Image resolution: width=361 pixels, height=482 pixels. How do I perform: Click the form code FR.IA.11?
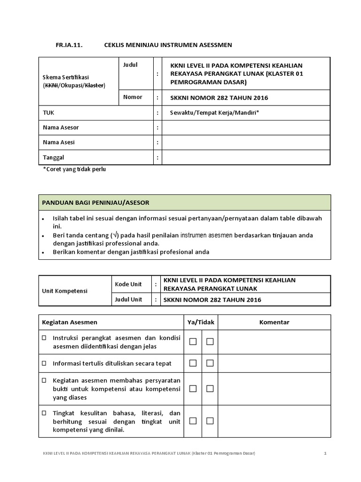69,45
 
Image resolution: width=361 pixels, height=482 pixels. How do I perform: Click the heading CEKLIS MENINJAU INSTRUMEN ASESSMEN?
168,45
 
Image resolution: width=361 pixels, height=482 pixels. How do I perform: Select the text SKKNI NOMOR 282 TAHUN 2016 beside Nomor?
216,98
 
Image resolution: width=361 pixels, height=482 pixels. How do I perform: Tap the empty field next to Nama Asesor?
246,128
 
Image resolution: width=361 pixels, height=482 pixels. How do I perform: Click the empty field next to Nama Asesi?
246,142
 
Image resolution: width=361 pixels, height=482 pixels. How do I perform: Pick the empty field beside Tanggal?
246,158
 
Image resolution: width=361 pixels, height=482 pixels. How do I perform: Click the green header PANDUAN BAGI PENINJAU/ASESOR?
96,202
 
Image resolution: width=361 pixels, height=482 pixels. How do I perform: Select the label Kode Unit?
128,284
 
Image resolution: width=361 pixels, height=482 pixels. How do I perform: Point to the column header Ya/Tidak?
201,322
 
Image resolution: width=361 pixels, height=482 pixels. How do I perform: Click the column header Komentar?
274,322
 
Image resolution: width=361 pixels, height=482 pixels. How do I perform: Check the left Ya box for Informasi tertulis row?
193,363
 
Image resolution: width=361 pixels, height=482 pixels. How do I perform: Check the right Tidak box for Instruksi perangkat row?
210,342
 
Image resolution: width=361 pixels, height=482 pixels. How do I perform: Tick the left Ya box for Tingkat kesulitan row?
193,421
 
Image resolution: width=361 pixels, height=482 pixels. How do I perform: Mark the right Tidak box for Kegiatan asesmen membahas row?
210,388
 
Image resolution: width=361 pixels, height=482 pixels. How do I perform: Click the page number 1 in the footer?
325,453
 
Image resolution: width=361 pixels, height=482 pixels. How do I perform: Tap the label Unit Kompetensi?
65,291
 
